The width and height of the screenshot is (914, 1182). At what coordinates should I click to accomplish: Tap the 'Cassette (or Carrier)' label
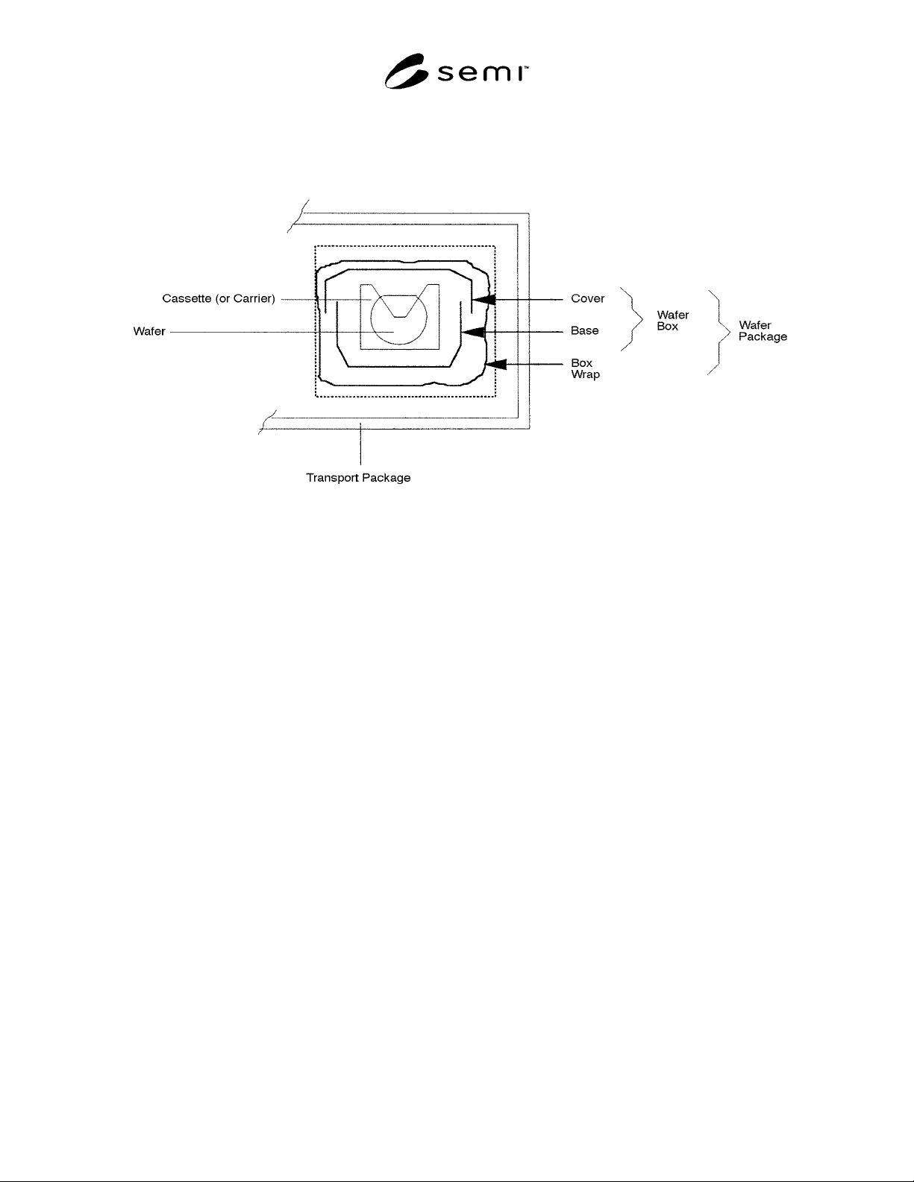pyautogui.click(x=219, y=298)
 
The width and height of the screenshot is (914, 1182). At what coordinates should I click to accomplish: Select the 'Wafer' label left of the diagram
pyautogui.click(x=149, y=331)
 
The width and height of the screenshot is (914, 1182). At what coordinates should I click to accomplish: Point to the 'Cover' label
pyautogui.click(x=588, y=298)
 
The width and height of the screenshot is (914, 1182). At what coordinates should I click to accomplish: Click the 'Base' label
pyautogui.click(x=585, y=330)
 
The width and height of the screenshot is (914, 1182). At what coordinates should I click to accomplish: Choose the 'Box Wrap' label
pyautogui.click(x=586, y=369)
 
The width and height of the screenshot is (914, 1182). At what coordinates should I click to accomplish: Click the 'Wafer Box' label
pyautogui.click(x=673, y=321)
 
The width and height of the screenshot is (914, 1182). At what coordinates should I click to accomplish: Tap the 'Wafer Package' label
pyautogui.click(x=763, y=330)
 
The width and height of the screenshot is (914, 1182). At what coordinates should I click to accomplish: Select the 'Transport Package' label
pyautogui.click(x=359, y=477)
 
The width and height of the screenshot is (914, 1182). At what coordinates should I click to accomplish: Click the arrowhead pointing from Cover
pyautogui.click(x=483, y=299)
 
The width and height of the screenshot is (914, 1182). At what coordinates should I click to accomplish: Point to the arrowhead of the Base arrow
pyautogui.click(x=473, y=332)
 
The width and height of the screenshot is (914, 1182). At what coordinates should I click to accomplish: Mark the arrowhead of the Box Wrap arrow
pyautogui.click(x=495, y=365)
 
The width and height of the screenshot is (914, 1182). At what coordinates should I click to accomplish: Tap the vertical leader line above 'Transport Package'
pyautogui.click(x=360, y=444)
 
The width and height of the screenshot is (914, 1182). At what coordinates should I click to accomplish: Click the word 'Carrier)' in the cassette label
pyautogui.click(x=254, y=298)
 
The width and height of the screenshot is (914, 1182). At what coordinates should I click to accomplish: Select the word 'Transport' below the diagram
pyautogui.click(x=333, y=477)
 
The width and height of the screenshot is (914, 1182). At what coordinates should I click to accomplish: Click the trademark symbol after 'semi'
pyautogui.click(x=526, y=68)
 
